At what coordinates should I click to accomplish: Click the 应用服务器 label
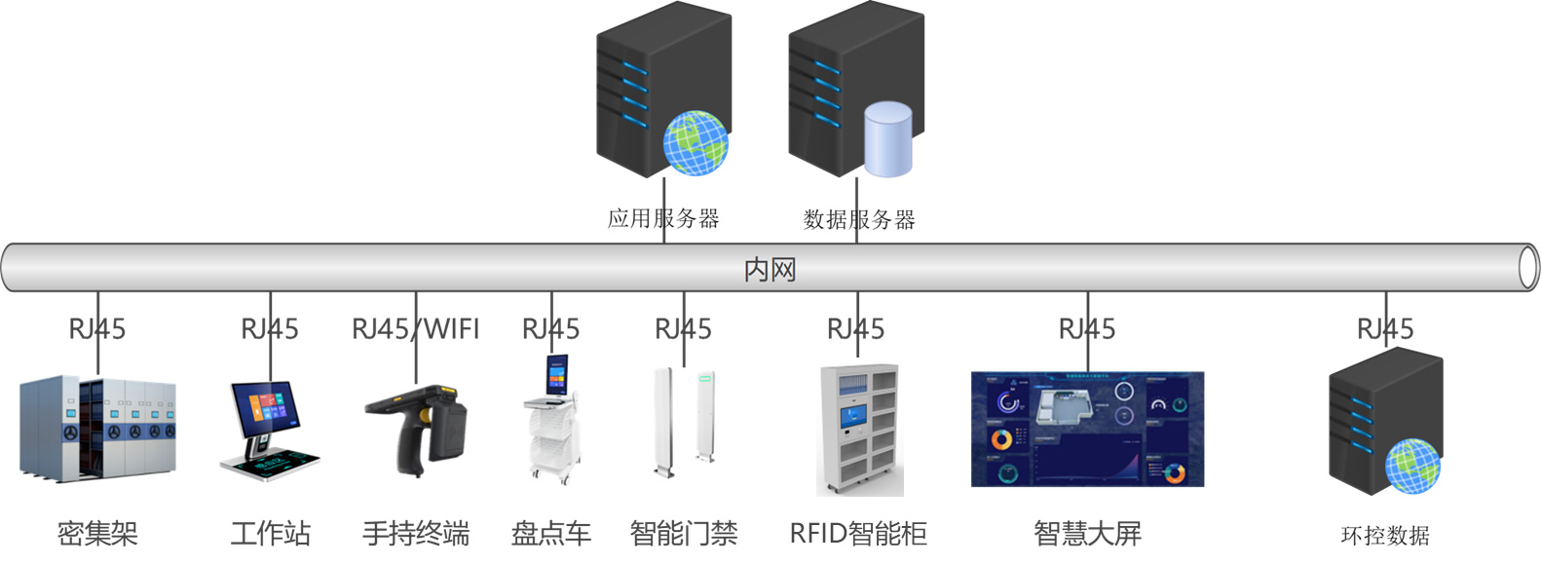pyautogui.click(x=663, y=218)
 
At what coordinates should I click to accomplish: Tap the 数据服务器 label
pyautogui.click(x=858, y=219)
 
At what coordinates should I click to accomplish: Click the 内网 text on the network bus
pyautogui.click(x=770, y=269)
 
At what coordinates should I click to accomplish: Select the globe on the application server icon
pyautogui.click(x=695, y=143)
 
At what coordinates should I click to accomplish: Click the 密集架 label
pyautogui.click(x=97, y=533)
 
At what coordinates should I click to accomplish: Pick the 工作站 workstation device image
pyautogui.click(x=267, y=430)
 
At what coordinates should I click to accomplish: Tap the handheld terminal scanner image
pyautogui.click(x=418, y=430)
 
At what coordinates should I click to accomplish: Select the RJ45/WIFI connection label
pyautogui.click(x=415, y=329)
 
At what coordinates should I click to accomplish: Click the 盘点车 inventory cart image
pyautogui.click(x=551, y=421)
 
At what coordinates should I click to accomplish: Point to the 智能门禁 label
pyautogui.click(x=683, y=533)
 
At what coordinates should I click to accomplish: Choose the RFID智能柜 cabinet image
pyautogui.click(x=859, y=430)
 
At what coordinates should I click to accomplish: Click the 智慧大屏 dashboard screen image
pyautogui.click(x=1087, y=429)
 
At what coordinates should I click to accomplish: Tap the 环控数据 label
pyautogui.click(x=1384, y=535)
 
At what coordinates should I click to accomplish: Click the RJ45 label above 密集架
pyautogui.click(x=97, y=329)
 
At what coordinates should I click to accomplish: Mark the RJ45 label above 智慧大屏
pyautogui.click(x=1087, y=329)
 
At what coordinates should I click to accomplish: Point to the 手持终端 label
pyautogui.click(x=416, y=533)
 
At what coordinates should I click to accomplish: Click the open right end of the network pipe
pyautogui.click(x=1528, y=268)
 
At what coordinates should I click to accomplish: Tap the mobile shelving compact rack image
pyautogui.click(x=97, y=429)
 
